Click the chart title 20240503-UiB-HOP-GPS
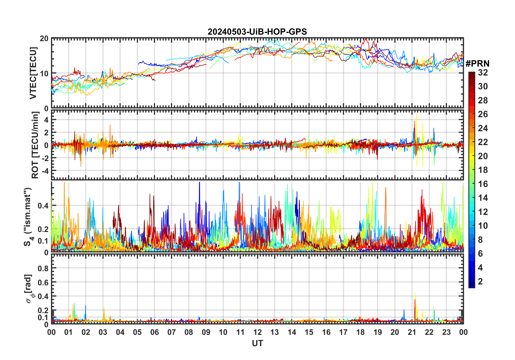pyautogui.click(x=257, y=32)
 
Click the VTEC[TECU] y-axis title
pyautogui.click(x=33, y=73)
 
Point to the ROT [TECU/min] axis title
pyautogui.click(x=35, y=145)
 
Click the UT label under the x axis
pyautogui.click(x=257, y=343)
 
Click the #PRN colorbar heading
pyautogui.click(x=477, y=64)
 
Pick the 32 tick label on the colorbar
pyautogui.click(x=483, y=73)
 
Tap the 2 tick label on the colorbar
pyautogui.click(x=480, y=282)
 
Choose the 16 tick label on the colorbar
pyautogui.click(x=483, y=184)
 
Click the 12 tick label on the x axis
pyautogui.click(x=257, y=332)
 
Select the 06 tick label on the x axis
pyautogui.click(x=154, y=332)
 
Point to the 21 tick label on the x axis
pyautogui.click(x=412, y=332)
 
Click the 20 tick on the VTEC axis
pyautogui.click(x=44, y=38)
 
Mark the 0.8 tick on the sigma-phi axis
pyautogui.click(x=44, y=268)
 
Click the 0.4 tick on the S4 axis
pyautogui.click(x=43, y=206)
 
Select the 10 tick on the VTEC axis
pyautogui.click(x=44, y=73)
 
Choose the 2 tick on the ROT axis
pyautogui.click(x=46, y=132)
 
